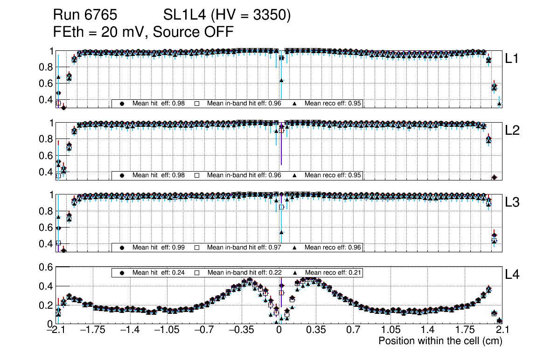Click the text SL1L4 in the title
(183, 15)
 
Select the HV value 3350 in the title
(271, 15)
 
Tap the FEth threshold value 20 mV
(124, 32)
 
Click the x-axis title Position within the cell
(440, 340)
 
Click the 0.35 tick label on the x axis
(316, 330)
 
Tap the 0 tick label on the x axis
(279, 330)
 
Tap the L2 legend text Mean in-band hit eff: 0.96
(244, 175)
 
